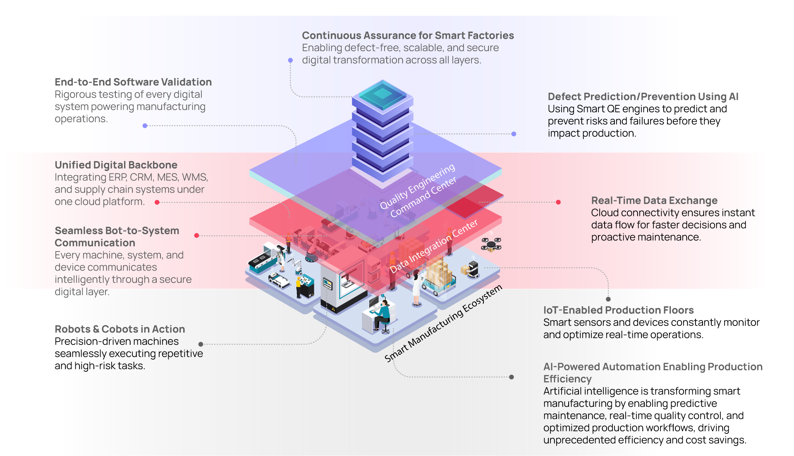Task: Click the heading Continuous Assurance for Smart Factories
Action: [x=408, y=36]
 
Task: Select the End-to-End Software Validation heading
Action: [x=133, y=82]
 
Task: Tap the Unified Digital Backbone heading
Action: [x=116, y=165]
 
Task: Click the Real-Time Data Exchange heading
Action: [x=654, y=201]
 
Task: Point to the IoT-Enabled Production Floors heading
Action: [x=618, y=310]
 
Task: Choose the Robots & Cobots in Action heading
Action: [x=120, y=329]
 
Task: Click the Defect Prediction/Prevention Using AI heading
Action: [x=643, y=97]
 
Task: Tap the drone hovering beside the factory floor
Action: [x=491, y=245]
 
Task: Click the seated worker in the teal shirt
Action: [x=383, y=315]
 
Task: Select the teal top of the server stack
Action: [x=383, y=94]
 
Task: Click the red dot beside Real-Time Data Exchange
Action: [x=558, y=202]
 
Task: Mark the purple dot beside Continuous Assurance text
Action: [x=290, y=60]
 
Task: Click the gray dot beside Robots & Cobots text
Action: [x=201, y=344]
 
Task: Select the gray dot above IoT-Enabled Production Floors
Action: [x=608, y=299]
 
